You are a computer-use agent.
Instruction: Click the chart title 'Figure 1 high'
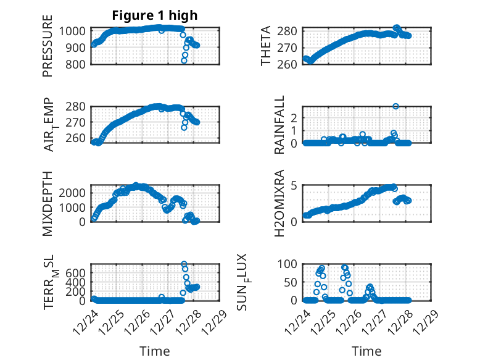click(155, 15)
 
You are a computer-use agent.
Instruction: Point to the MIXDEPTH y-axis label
click(48, 203)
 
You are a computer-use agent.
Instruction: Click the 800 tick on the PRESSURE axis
click(77, 64)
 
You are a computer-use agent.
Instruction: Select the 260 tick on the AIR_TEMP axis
click(77, 137)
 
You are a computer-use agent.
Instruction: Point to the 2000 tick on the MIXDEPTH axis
click(74, 193)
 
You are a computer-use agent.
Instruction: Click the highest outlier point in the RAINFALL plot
click(395, 106)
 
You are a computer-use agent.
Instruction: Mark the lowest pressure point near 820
click(184, 61)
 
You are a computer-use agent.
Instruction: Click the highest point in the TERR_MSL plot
click(184, 264)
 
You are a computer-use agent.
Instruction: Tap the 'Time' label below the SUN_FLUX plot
click(366, 351)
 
